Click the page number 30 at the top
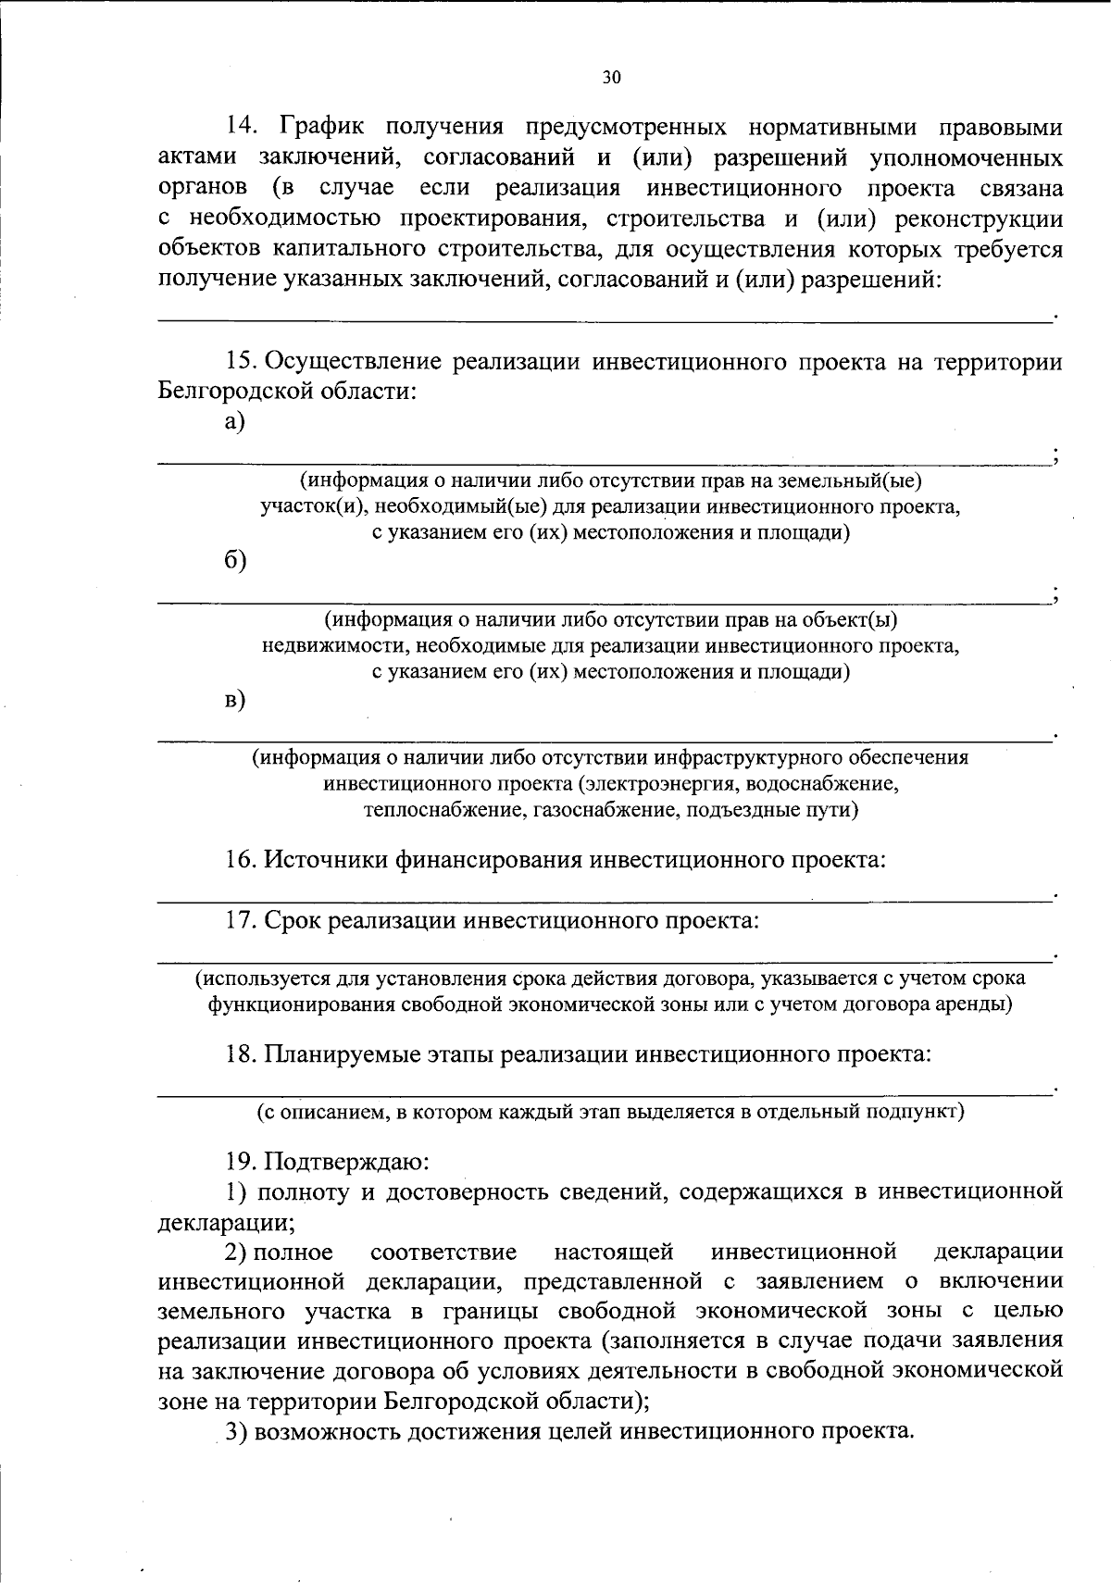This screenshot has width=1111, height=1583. pyautogui.click(x=611, y=78)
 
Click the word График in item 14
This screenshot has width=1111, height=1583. pyautogui.click(x=320, y=127)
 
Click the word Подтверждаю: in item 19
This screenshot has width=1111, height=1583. pyautogui.click(x=347, y=1161)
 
